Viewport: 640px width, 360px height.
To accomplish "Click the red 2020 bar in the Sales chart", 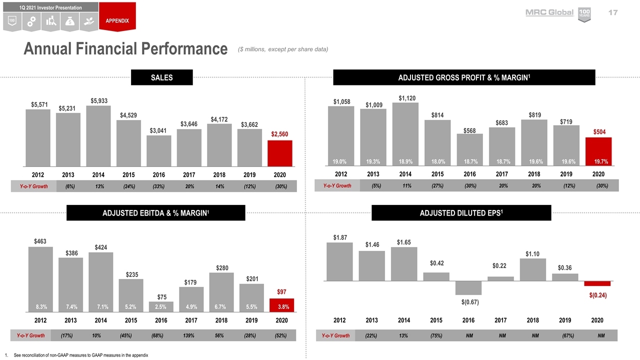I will [279, 153].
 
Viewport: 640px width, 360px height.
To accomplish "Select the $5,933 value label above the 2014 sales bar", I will [98, 100].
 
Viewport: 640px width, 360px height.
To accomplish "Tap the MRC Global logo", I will [549, 12].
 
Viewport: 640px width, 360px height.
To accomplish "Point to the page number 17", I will [612, 12].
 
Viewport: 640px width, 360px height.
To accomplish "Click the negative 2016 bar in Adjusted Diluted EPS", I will [468, 288].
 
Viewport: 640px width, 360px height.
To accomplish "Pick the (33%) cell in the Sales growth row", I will [158, 186].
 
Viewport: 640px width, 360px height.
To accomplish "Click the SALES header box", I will [161, 77].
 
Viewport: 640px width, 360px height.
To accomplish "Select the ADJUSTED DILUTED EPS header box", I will [461, 212].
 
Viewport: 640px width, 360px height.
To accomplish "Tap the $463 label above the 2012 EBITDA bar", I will [40, 241].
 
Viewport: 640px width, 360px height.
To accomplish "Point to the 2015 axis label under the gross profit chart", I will [437, 174].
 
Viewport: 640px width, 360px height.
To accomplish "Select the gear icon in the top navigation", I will [31, 21].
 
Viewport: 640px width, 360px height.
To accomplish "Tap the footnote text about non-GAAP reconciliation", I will [81, 355].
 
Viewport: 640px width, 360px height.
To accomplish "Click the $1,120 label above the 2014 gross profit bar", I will [406, 97].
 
